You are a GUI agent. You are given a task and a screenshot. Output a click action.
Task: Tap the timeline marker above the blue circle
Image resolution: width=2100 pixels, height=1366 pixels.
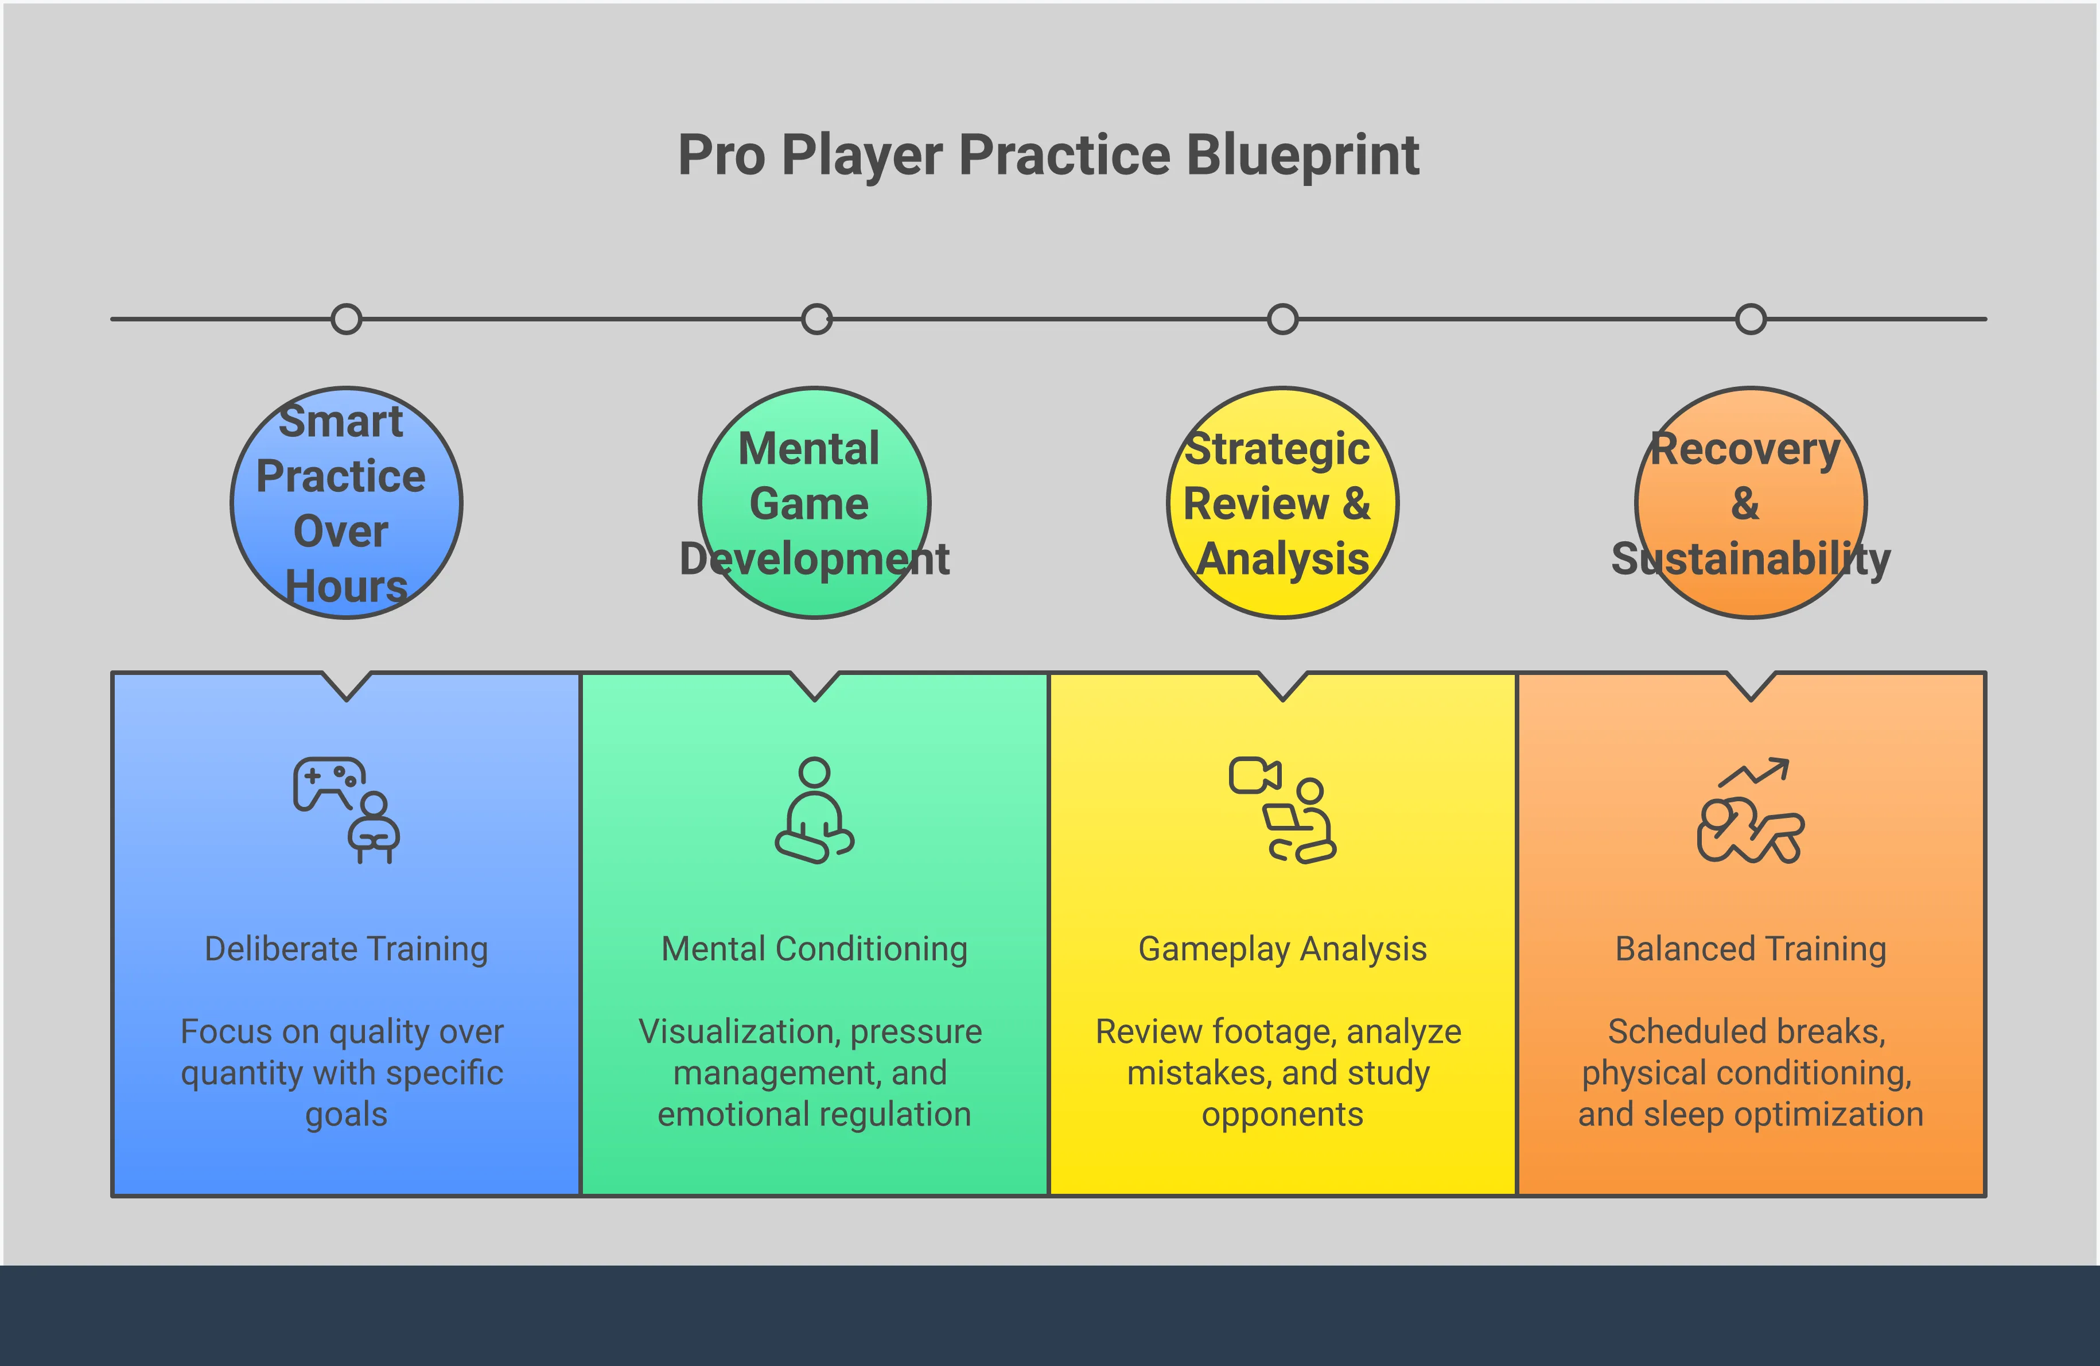(346, 319)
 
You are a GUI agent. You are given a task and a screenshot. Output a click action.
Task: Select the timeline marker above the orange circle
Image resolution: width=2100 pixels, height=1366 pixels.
(1751, 319)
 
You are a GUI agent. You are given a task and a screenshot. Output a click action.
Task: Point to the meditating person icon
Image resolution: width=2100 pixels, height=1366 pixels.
(814, 810)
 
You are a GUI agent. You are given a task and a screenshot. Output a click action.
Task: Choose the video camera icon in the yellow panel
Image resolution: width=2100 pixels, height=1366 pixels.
(1254, 775)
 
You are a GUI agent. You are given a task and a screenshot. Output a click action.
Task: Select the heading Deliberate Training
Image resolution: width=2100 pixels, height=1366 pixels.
(346, 949)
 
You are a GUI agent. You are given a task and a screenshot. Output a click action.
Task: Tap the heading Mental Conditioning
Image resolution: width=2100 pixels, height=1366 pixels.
(814, 949)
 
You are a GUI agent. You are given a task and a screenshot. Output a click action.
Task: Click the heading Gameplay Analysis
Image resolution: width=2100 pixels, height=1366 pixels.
(1282, 949)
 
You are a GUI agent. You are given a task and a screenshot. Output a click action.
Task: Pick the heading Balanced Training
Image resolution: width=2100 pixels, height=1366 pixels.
(1751, 949)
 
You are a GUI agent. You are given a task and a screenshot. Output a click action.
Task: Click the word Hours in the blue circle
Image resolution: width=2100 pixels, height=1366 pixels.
(346, 587)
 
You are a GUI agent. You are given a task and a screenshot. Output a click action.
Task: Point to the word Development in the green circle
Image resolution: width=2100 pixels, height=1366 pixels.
(814, 558)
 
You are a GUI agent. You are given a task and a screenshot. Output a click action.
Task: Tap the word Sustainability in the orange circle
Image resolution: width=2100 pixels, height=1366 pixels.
(1751, 558)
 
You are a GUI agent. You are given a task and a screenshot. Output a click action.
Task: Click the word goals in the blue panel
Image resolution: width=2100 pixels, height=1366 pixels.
(346, 1115)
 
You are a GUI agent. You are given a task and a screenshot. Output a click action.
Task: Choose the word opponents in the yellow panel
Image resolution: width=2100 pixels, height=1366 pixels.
(1282, 1115)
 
